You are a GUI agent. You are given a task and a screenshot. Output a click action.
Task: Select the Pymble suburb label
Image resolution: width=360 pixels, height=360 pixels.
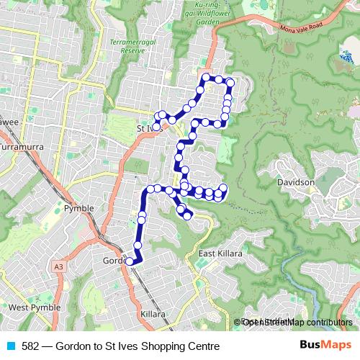click(80, 207)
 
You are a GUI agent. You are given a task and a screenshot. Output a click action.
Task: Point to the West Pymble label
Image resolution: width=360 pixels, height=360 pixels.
click(29, 307)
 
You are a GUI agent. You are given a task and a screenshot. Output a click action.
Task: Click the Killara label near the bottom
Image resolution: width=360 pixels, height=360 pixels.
click(153, 315)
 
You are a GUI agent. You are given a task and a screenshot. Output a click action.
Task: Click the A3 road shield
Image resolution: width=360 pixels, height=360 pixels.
click(58, 267)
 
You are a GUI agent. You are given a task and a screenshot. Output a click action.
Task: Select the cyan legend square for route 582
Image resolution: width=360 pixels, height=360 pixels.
click(11, 346)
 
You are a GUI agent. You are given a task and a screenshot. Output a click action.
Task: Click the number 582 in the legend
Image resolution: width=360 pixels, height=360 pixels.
click(31, 346)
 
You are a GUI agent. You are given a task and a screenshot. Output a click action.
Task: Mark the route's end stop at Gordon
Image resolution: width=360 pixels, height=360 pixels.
click(130, 261)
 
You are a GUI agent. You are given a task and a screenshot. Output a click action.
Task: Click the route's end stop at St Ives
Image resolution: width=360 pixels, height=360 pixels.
click(156, 127)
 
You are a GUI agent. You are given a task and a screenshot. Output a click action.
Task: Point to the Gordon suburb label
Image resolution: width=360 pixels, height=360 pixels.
click(113, 261)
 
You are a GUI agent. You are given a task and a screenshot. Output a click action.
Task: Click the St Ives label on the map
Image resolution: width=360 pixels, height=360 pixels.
click(145, 129)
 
